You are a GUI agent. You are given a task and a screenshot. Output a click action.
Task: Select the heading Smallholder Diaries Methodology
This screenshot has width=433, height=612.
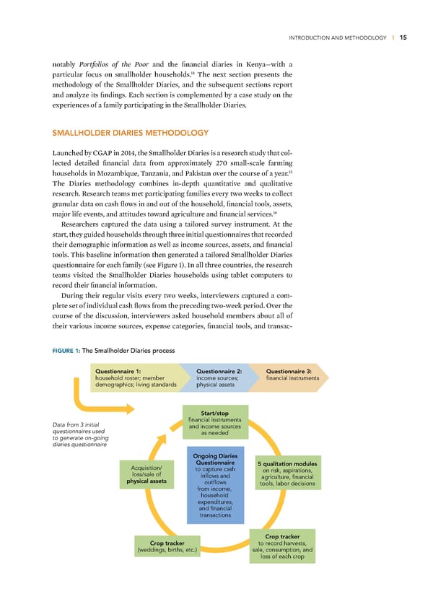pyautogui.click(x=131, y=132)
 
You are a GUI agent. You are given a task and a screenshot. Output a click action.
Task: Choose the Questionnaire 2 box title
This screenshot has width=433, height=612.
pyautogui.click(x=223, y=372)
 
